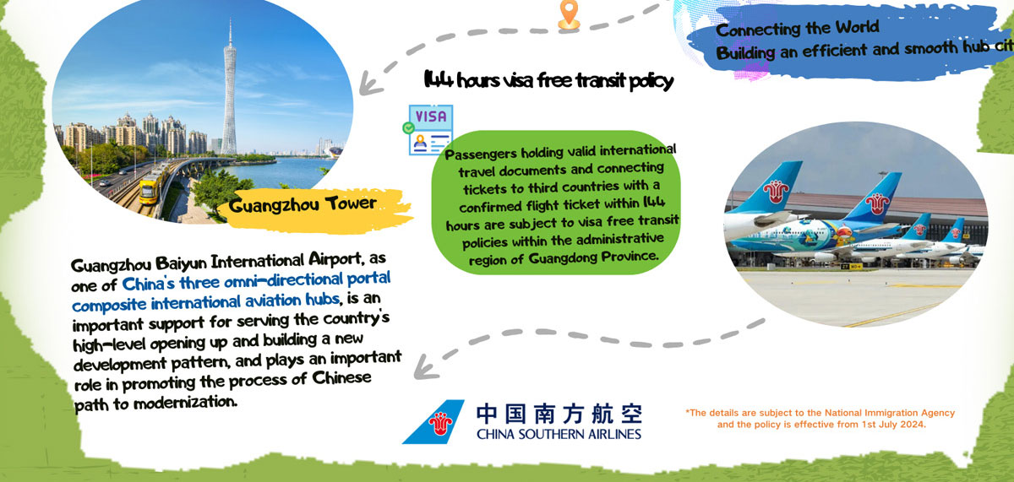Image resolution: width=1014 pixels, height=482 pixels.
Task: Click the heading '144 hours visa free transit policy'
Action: tap(548, 81)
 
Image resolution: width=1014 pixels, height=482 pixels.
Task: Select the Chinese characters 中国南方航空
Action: tap(559, 414)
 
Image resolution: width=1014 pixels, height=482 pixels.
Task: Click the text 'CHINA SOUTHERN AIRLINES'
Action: tap(559, 435)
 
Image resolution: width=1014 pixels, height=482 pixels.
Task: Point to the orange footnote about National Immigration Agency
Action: tap(820, 418)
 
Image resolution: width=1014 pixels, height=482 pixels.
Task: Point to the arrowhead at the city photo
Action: tap(364, 83)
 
